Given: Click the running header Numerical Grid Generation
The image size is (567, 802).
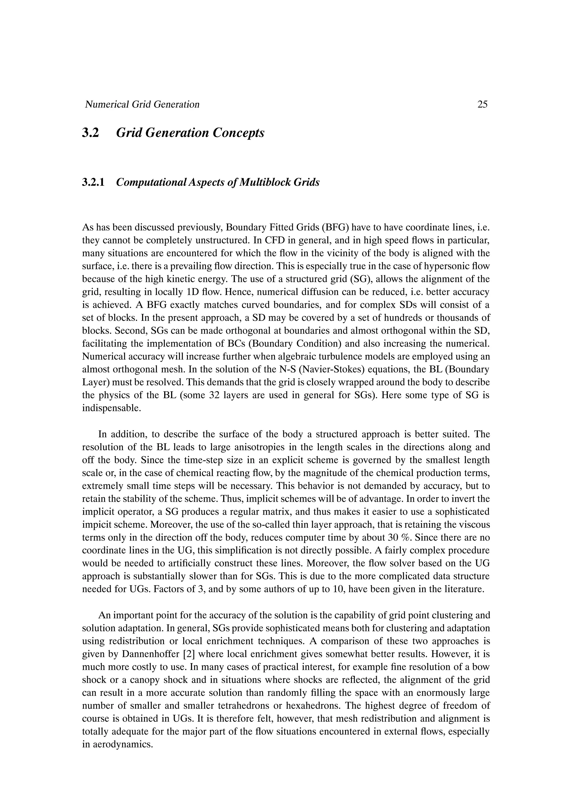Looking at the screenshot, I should (x=142, y=104).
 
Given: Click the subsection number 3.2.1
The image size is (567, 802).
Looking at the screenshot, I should (x=93, y=182).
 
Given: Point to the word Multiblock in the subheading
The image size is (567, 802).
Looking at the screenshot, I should (x=270, y=182).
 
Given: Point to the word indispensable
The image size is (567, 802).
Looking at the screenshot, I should (x=112, y=408).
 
